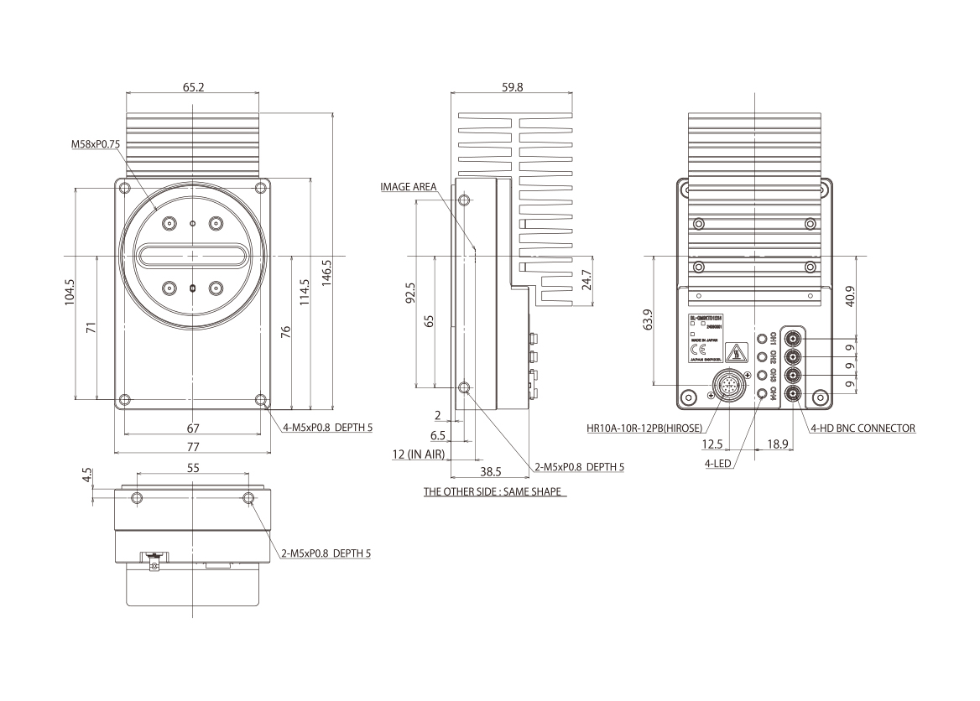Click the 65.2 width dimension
[192, 86]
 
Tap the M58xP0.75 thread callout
[97, 144]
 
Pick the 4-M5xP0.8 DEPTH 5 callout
[327, 427]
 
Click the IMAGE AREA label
[408, 187]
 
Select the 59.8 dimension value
[513, 86]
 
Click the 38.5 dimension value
[490, 471]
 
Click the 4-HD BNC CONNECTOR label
[862, 428]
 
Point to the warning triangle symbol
[736, 352]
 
